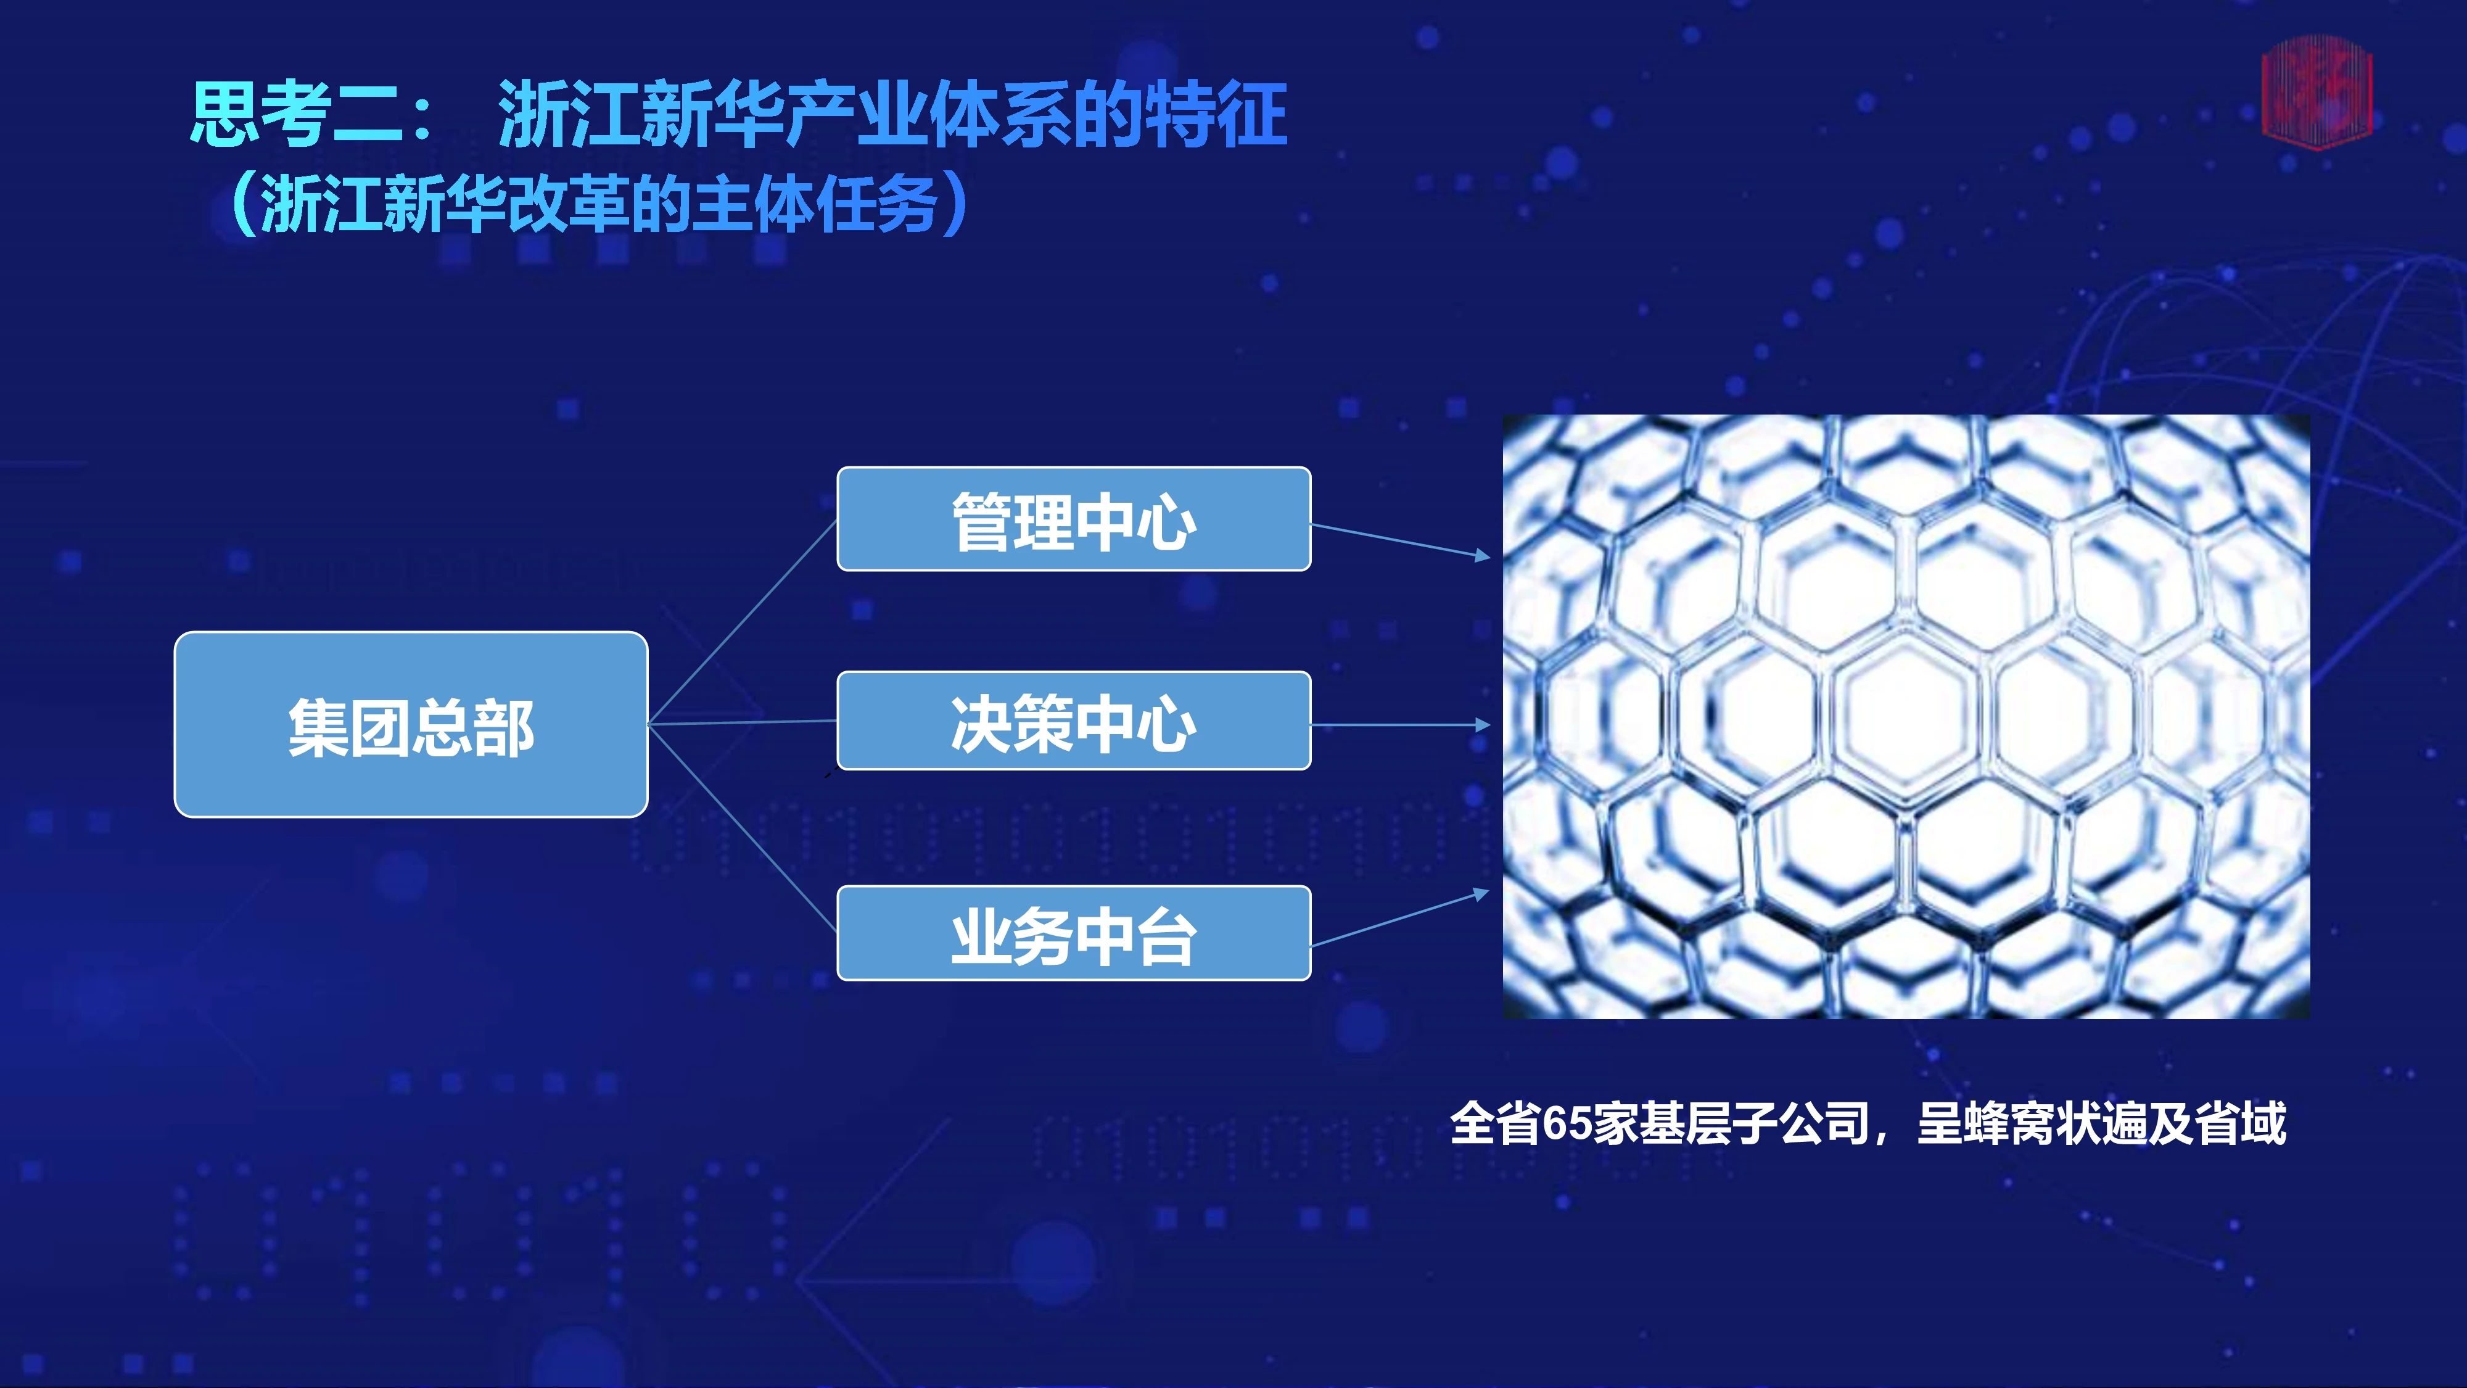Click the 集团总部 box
coord(411,724)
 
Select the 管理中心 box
coord(1074,519)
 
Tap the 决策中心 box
coord(1074,721)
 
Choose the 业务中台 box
coord(1074,933)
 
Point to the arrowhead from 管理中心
coord(1483,556)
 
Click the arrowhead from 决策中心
coord(1483,725)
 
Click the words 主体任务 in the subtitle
coord(815,203)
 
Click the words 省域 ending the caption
coord(2240,1123)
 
